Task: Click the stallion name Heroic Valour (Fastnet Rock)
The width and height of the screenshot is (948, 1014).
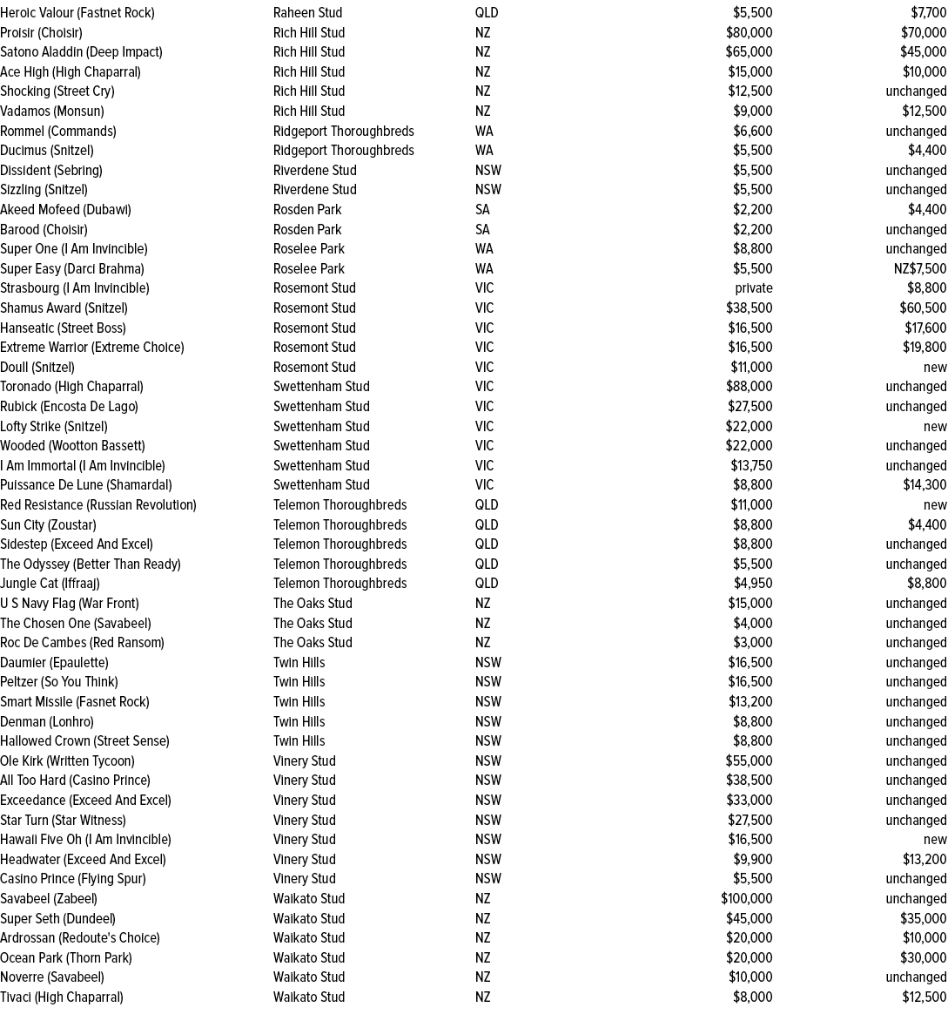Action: click(77, 13)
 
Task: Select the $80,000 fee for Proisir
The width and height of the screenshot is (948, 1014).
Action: click(749, 32)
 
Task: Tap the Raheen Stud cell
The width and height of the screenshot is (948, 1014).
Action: click(307, 13)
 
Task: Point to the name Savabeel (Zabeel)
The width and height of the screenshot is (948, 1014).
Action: click(49, 898)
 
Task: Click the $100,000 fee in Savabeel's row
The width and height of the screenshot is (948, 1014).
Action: click(746, 898)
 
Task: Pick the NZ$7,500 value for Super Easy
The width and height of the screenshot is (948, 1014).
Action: click(920, 268)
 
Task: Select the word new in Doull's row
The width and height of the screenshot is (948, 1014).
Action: click(935, 367)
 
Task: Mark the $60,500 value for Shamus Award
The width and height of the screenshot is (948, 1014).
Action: click(923, 308)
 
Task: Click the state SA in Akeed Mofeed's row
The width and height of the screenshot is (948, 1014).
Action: click(482, 209)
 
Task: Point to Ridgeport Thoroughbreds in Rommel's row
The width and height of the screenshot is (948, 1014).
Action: click(343, 131)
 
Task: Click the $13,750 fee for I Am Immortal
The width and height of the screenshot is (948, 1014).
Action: click(751, 465)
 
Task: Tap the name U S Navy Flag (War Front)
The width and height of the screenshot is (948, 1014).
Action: click(70, 603)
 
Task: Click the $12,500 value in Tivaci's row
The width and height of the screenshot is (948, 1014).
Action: click(924, 997)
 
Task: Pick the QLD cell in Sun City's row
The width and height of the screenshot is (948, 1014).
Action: click(487, 524)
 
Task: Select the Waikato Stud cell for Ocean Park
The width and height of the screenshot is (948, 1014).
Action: click(309, 957)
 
